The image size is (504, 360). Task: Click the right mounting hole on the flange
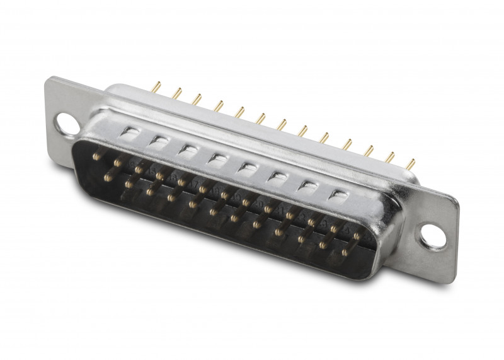[x=433, y=236]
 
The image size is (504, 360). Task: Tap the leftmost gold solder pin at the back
[x=157, y=86]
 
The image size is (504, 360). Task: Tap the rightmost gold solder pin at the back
[x=411, y=164]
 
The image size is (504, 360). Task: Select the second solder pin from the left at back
[x=178, y=93]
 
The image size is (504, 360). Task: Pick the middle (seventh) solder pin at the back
[x=282, y=125]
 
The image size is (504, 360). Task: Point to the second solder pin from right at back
[x=390, y=157]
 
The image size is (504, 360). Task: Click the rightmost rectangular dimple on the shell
[x=340, y=195]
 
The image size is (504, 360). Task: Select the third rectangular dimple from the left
[x=188, y=150]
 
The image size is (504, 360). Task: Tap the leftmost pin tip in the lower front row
[x=108, y=178]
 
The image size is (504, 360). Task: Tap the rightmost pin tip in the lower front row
[x=345, y=252]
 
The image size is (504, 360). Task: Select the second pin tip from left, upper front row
[x=117, y=163]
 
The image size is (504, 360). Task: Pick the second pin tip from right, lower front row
[x=323, y=245]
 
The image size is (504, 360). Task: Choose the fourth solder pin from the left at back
[x=219, y=106]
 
